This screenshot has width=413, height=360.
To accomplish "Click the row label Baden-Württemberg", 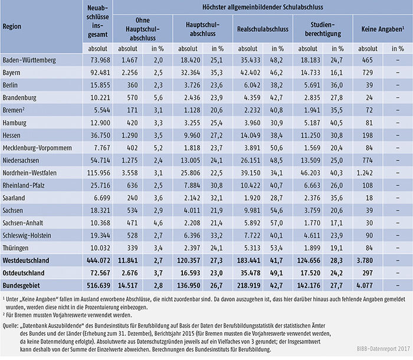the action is (29, 60).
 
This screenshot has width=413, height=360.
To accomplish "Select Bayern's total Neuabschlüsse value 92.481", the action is (99, 73).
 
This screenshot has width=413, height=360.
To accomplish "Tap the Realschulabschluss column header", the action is (263, 29).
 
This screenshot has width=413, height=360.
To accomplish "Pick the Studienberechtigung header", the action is (323, 30).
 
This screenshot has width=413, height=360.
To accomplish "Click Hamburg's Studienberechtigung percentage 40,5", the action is (337, 123).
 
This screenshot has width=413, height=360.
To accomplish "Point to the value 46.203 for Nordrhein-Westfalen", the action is (310, 173).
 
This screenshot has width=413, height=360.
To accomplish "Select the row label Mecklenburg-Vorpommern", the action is (37, 148).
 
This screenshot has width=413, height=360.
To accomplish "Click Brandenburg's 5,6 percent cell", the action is (158, 98).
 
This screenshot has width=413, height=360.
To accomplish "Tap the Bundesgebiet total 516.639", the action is (99, 286).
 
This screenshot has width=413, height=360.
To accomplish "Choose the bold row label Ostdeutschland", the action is (24, 273).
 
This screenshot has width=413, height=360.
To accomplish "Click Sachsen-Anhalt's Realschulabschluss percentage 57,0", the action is (277, 223).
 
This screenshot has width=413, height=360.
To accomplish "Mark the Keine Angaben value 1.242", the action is (365, 173).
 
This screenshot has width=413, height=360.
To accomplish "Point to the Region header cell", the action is (12, 27).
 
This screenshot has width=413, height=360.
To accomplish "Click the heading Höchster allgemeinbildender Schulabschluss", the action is (263, 7).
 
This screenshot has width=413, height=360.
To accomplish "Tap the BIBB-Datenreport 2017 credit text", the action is (383, 349).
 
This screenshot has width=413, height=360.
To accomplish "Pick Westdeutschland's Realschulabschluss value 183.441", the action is (249, 261).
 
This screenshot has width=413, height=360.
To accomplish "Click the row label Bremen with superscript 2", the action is (14, 110).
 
